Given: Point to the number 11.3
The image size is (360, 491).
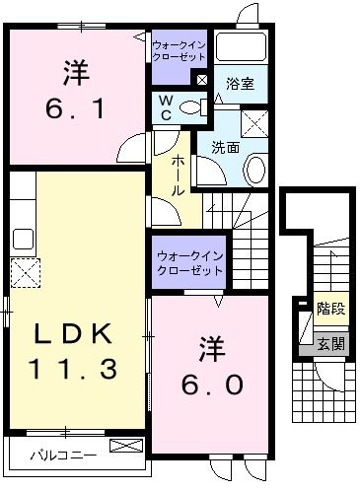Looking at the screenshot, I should point(76,370).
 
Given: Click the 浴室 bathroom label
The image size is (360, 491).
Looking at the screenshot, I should point(240,84).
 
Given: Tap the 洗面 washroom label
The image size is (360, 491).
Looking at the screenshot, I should point(225,148).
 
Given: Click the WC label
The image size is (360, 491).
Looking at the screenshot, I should point(167,106).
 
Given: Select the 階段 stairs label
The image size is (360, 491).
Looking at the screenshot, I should point(330,310).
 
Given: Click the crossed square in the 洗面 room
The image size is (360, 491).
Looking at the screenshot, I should point(255,124).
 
